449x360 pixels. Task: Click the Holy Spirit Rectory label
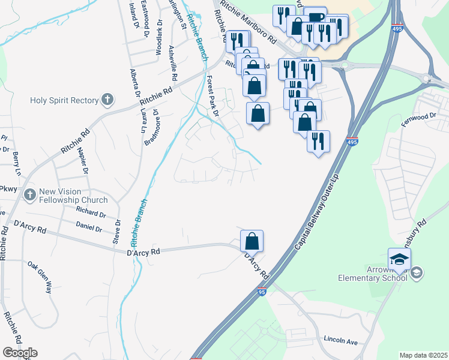click(x=64, y=100)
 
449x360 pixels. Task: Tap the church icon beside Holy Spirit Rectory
click(x=107, y=100)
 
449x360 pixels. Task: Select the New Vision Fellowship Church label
click(x=73, y=196)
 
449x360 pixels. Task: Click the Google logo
click(x=20, y=353)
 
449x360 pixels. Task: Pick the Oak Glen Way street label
click(x=40, y=277)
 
